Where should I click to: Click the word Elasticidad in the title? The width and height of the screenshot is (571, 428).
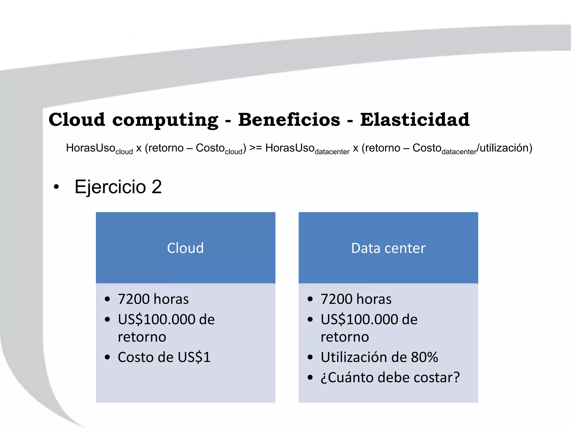click(415, 120)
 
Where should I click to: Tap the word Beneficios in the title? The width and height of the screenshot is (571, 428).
click(289, 120)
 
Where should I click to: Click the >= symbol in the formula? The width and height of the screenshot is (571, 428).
click(255, 148)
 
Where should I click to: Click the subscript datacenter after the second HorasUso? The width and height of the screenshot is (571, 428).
click(332, 152)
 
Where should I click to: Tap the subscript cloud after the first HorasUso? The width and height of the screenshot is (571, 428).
click(124, 152)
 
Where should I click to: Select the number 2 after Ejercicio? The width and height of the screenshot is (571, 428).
click(157, 187)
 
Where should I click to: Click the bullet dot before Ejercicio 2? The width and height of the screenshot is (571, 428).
click(56, 187)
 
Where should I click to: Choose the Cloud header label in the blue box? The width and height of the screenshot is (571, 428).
click(185, 248)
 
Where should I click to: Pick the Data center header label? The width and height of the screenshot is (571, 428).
click(388, 248)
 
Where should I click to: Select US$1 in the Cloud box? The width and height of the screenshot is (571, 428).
click(194, 357)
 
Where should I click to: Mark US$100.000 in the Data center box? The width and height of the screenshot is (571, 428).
click(359, 319)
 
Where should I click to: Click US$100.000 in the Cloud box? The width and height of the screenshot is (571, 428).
click(156, 319)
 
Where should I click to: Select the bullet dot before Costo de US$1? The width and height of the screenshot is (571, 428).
click(107, 357)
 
